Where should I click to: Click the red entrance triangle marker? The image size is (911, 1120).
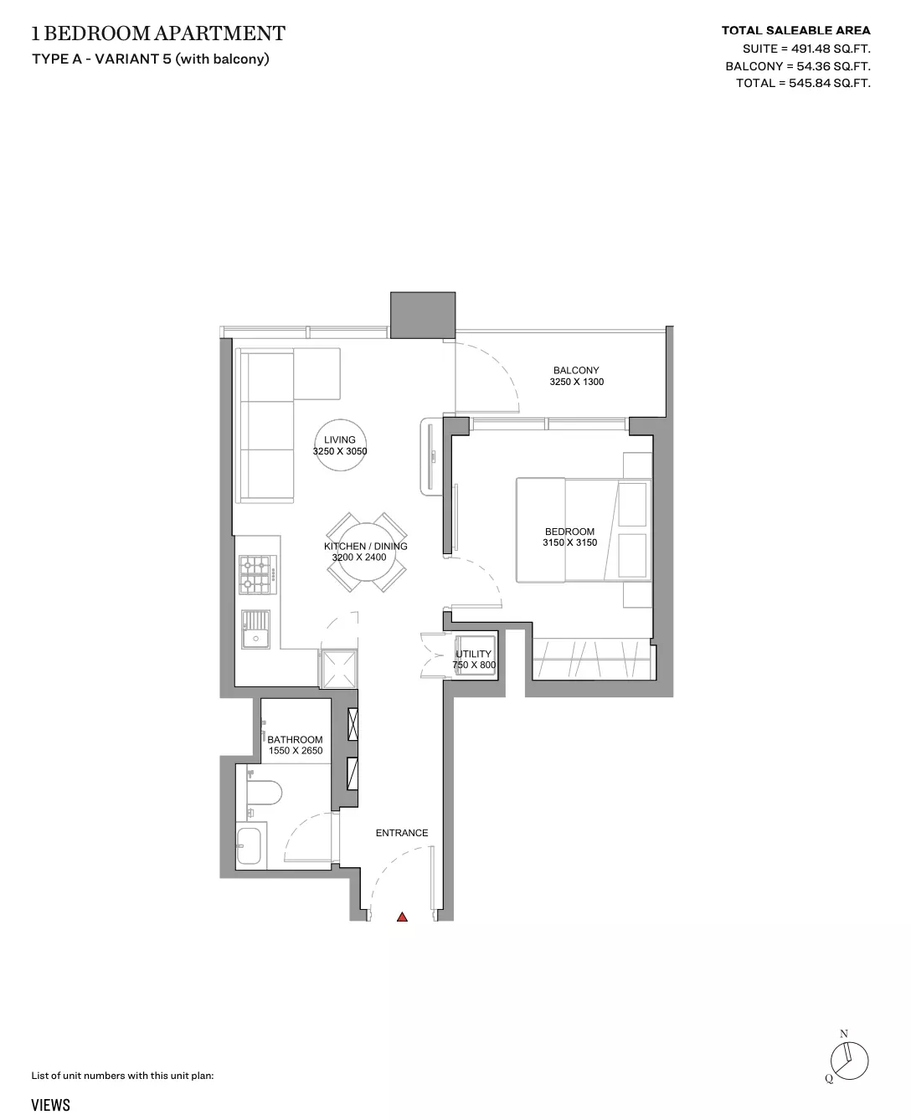point(402,917)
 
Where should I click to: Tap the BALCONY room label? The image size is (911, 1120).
point(576,370)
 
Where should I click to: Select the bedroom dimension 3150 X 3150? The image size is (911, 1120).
point(569,542)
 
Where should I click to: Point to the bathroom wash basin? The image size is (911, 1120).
point(249,846)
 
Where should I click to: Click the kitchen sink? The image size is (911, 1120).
point(255,629)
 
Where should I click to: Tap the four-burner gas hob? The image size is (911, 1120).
point(258,575)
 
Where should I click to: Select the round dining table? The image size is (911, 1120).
point(367,552)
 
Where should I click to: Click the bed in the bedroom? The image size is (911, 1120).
point(584,530)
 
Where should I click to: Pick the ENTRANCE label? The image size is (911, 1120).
point(402,833)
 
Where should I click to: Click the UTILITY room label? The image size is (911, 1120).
point(473,654)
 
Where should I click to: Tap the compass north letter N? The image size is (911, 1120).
point(844,1035)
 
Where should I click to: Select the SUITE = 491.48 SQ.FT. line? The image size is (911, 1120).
point(806,49)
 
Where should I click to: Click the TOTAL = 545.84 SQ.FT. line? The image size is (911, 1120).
point(803,83)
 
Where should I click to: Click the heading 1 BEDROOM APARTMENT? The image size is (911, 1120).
point(158,33)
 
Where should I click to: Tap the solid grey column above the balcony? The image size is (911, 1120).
point(423,316)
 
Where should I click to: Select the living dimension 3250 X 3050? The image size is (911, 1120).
point(340,451)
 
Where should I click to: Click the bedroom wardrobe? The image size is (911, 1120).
point(594,660)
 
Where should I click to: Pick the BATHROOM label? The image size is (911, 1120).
point(295,740)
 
